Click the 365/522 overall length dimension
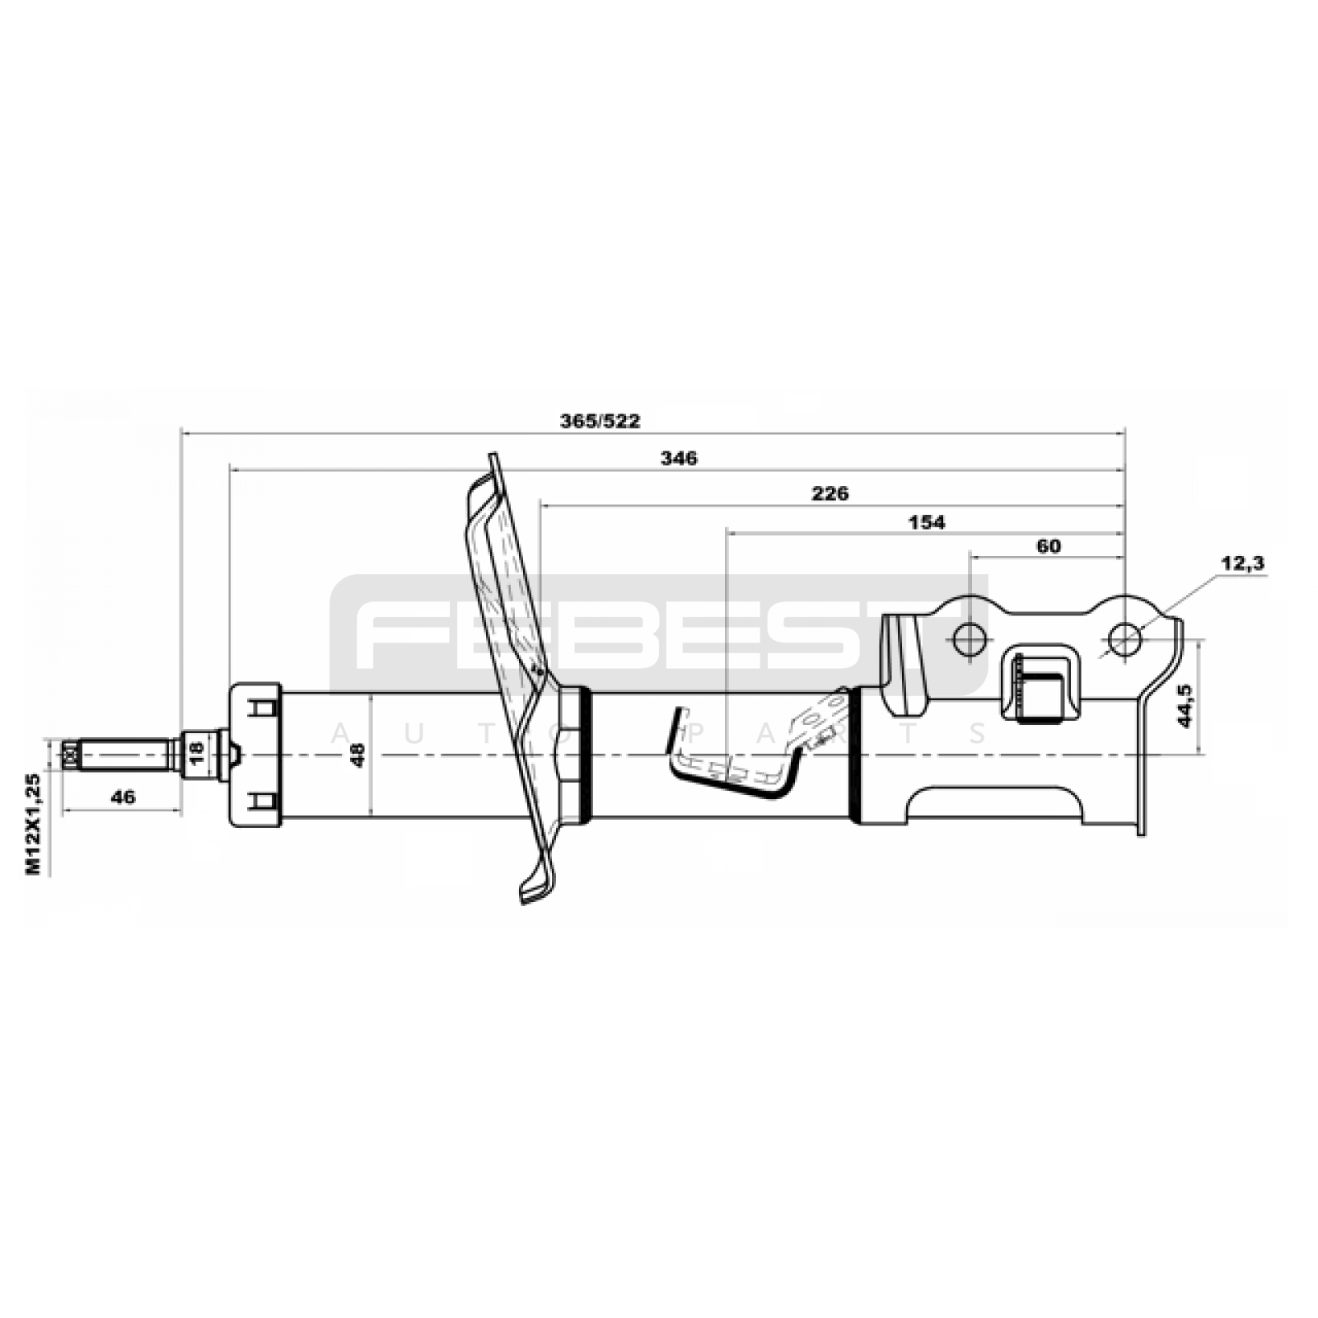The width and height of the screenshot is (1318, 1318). (601, 422)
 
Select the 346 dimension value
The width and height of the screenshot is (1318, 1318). (679, 459)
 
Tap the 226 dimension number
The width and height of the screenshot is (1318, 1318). (830, 494)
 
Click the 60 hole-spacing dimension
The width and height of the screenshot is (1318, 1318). (1049, 546)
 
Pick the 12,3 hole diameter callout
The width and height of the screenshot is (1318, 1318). (1243, 563)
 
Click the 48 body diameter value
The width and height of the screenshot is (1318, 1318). (358, 755)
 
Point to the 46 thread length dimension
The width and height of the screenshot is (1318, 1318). (123, 797)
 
